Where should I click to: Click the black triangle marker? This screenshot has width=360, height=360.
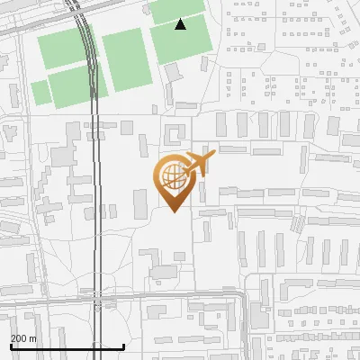click(x=181, y=24)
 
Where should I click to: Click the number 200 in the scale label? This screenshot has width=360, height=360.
click(x=18, y=338)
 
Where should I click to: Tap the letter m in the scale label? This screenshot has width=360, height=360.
click(x=32, y=338)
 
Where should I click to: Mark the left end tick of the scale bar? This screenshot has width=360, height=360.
click(x=11, y=346)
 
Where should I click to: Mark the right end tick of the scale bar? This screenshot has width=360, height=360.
click(x=123, y=346)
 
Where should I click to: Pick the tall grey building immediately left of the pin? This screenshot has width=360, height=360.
click(x=139, y=202)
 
